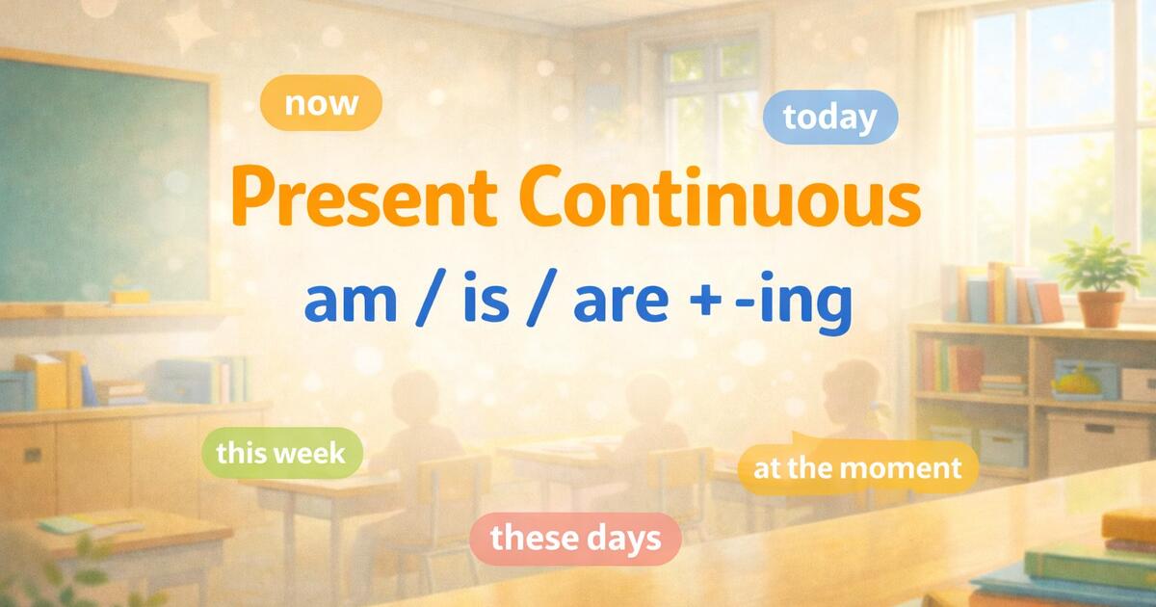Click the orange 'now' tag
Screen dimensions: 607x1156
click(x=322, y=103)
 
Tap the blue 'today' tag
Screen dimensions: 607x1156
click(x=829, y=118)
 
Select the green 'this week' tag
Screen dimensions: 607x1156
click(x=280, y=452)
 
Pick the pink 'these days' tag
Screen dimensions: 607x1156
click(x=576, y=538)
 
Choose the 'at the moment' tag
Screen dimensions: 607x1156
click(x=857, y=468)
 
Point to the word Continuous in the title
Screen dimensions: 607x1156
click(x=722, y=198)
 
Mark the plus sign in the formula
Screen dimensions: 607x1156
click(x=714, y=303)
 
